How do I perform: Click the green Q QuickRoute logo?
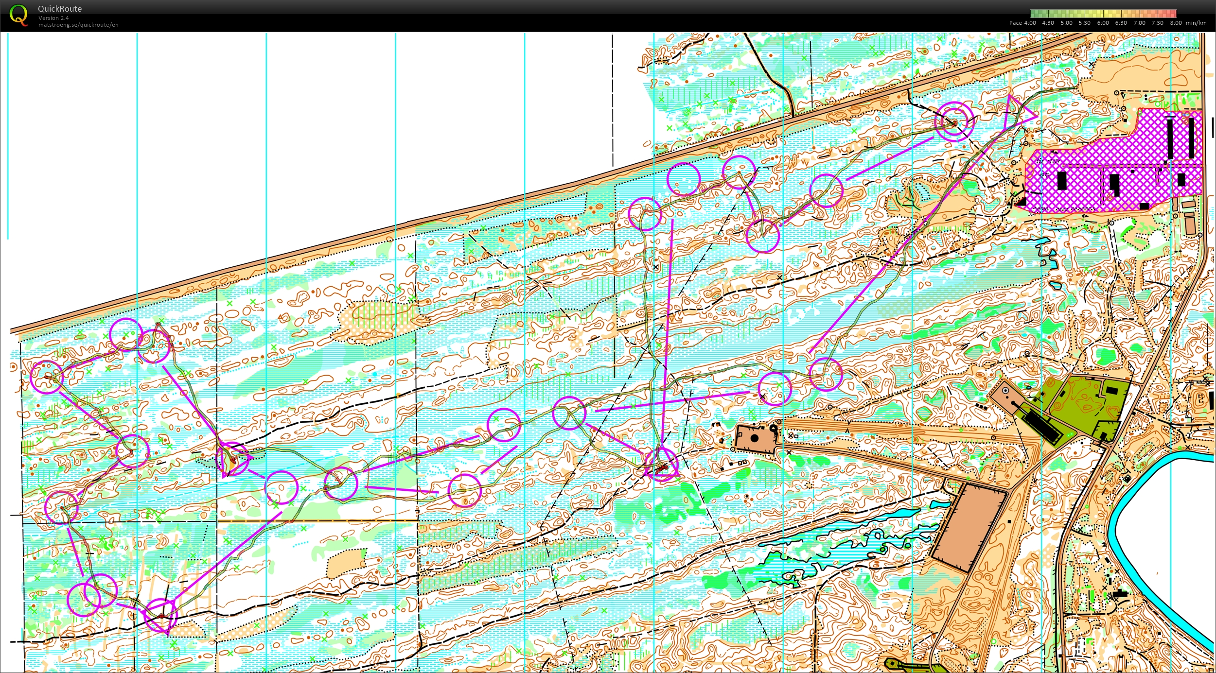(x=18, y=15)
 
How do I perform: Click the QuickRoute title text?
(x=60, y=9)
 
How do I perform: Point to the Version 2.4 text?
(x=53, y=18)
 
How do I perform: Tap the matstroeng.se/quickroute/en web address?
(x=78, y=25)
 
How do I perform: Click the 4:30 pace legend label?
(x=1048, y=23)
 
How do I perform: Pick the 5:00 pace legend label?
(x=1066, y=23)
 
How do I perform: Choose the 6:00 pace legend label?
(x=1103, y=23)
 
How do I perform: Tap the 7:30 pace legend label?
(x=1158, y=23)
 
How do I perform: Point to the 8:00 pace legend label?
(x=1176, y=23)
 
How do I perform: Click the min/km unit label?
(x=1196, y=23)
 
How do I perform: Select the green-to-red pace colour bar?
(x=1103, y=14)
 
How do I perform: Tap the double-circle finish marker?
(x=954, y=121)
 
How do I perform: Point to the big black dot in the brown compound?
(x=755, y=438)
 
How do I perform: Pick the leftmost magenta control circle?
(x=47, y=377)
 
